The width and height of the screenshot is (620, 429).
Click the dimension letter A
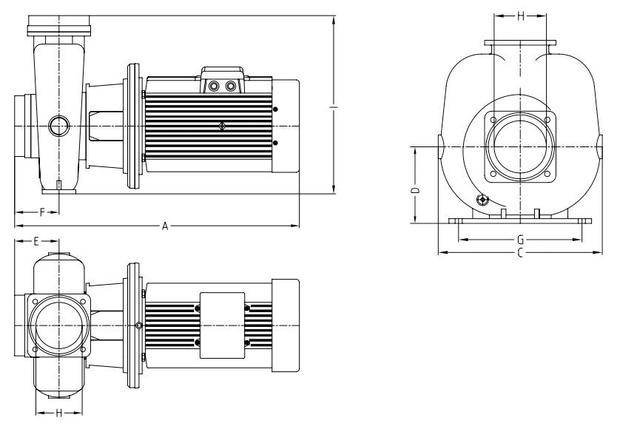tap(166, 225)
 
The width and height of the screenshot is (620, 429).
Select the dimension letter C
tap(520, 253)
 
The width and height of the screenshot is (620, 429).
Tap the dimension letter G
tap(520, 240)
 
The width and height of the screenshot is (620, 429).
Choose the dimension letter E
tap(36, 241)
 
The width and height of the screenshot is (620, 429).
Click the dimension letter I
tap(334, 108)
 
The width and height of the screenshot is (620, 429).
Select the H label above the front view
tap(520, 15)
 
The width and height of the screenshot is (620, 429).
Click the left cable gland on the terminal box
tap(215, 87)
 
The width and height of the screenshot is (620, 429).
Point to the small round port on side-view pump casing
tap(58, 126)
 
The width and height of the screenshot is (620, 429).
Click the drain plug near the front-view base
tap(483, 199)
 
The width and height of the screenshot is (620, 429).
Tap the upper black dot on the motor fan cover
tap(276, 110)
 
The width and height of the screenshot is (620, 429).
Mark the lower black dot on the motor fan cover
tap(276, 142)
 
